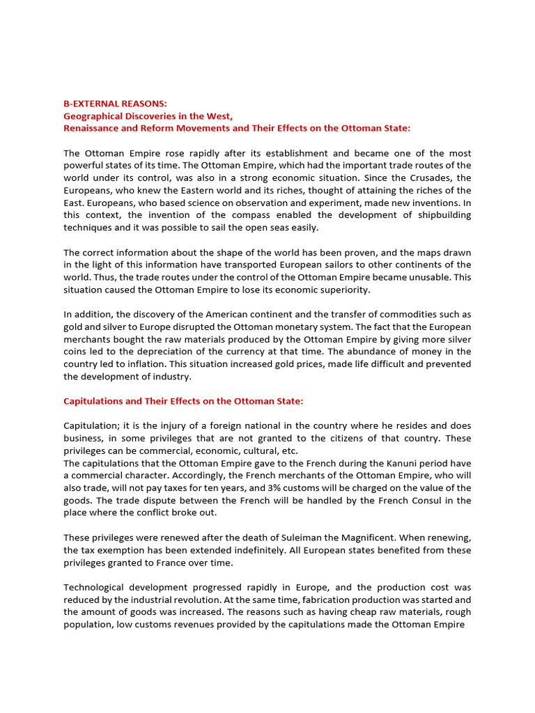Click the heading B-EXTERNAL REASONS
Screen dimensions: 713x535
[115, 103]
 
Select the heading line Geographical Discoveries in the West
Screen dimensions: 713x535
[148, 116]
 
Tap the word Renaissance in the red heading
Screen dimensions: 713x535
[93, 128]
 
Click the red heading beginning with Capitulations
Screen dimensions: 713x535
[183, 401]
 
